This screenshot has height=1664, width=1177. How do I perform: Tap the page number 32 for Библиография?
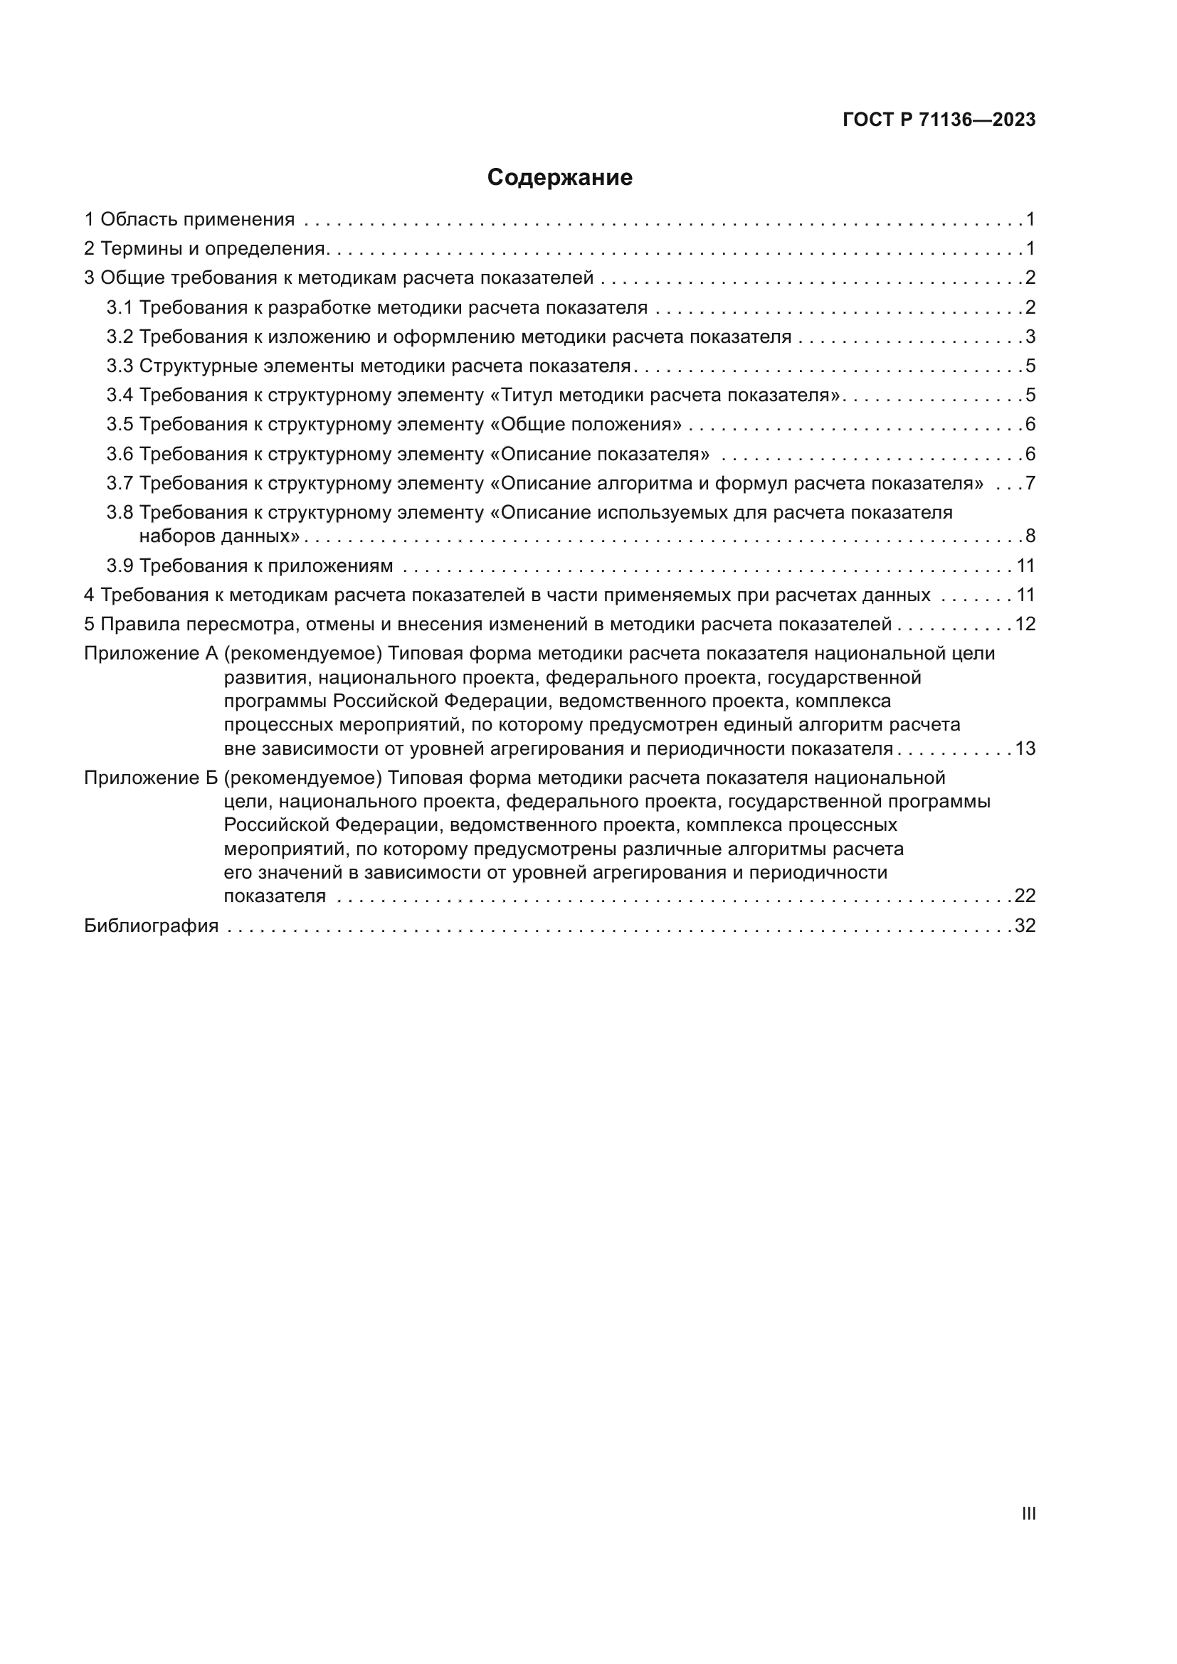tap(1024, 926)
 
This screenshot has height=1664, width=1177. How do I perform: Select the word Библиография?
tap(151, 926)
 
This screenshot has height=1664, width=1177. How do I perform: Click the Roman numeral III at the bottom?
tap(1028, 1514)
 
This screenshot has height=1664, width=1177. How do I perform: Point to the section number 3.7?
tap(120, 483)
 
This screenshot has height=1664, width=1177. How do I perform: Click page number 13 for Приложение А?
tap(1024, 748)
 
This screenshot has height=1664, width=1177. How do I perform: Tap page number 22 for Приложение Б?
tap(1024, 896)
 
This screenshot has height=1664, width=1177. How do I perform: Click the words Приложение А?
tap(151, 654)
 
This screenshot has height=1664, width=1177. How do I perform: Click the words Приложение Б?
tap(151, 778)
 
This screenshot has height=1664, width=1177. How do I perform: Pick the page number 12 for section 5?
tap(1024, 624)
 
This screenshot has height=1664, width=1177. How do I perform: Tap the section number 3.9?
tap(120, 566)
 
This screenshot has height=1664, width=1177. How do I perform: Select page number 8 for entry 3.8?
tap(1030, 536)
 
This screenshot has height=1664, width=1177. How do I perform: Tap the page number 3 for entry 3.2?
tap(1030, 337)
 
